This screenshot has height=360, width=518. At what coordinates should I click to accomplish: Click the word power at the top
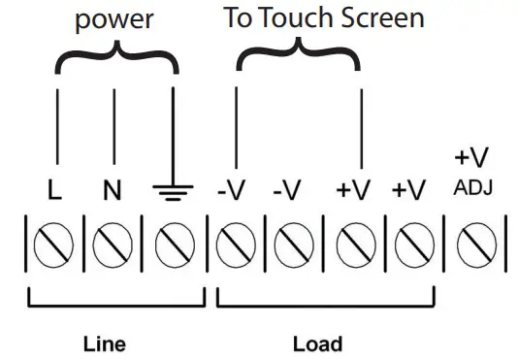(x=115, y=21)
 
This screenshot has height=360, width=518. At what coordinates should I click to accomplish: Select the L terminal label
(x=55, y=191)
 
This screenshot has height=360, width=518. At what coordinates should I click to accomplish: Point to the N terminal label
(x=113, y=191)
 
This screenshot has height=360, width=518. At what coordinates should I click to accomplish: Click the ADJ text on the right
(x=472, y=186)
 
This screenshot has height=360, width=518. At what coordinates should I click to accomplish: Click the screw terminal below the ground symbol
(x=173, y=245)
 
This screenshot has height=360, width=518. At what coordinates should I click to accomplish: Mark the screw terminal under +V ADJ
(x=472, y=245)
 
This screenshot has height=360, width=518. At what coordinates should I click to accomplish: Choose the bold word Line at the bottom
(x=104, y=344)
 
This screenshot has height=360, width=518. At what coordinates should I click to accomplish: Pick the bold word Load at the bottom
(x=317, y=344)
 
